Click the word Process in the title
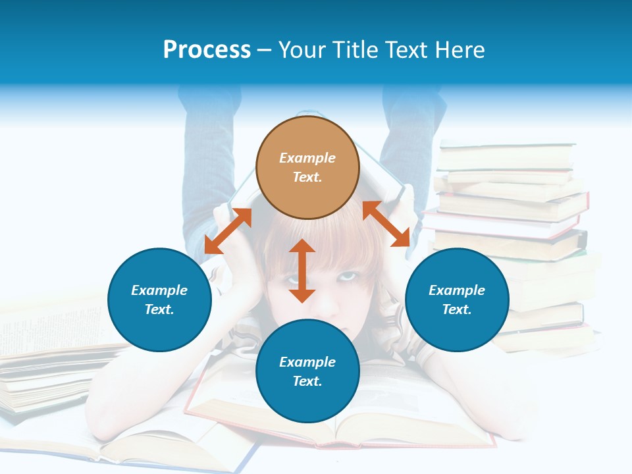[x=207, y=50]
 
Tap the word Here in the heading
[x=460, y=50]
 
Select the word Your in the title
[x=302, y=50]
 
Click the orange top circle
[x=307, y=168]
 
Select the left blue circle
[x=159, y=300]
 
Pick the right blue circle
[x=457, y=300]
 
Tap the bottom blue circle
[x=307, y=371]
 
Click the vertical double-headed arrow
[x=302, y=271]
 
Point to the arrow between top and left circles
[x=228, y=231]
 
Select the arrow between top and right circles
[x=386, y=224]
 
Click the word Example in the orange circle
[x=307, y=158]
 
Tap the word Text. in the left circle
[x=159, y=309]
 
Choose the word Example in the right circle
[x=457, y=290]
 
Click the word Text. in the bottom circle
[x=307, y=381]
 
